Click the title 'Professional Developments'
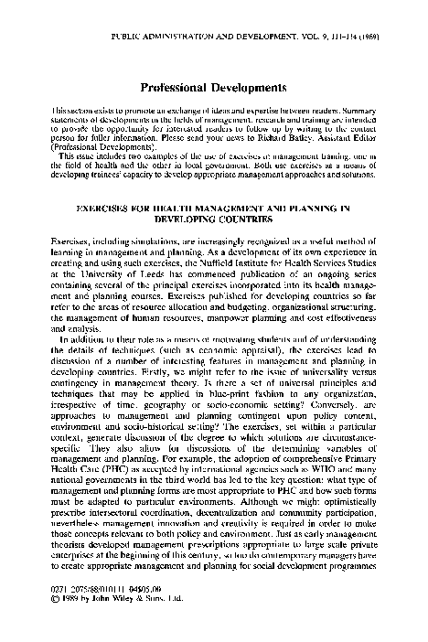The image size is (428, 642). [x=214, y=88]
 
